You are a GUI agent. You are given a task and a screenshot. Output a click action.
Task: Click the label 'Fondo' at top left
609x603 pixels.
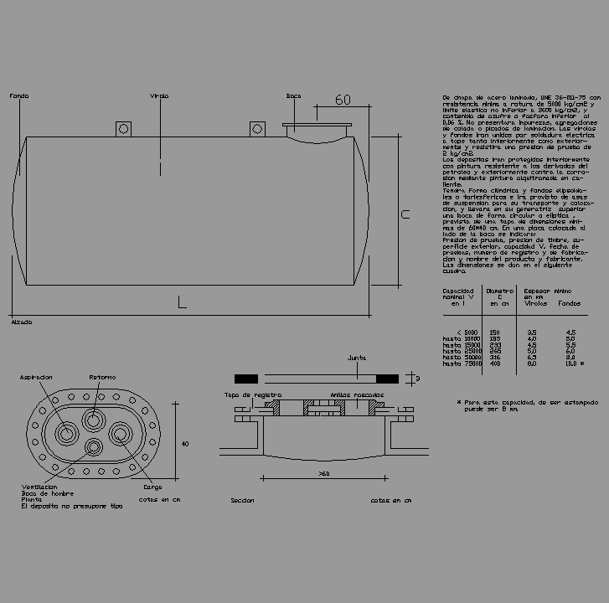click(x=18, y=96)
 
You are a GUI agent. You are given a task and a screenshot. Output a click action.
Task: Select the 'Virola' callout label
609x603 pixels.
click(x=159, y=96)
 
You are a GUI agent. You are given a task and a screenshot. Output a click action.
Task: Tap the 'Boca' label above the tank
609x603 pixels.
click(x=292, y=96)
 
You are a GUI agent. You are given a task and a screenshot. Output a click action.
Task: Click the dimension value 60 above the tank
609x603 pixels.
click(x=343, y=100)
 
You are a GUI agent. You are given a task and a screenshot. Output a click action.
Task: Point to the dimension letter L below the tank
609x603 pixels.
click(x=181, y=302)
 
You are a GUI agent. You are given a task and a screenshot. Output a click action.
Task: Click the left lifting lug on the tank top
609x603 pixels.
click(x=124, y=128)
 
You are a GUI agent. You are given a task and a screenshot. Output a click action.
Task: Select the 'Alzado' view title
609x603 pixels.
click(x=21, y=322)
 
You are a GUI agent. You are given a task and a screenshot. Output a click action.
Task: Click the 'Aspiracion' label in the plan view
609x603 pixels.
click(x=37, y=378)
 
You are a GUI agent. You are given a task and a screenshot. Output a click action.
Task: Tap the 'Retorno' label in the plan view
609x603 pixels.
click(x=103, y=378)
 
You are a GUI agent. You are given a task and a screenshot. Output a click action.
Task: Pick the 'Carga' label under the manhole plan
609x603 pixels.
click(x=152, y=487)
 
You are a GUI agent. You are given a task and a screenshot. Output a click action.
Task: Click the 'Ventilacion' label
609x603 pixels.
click(x=39, y=487)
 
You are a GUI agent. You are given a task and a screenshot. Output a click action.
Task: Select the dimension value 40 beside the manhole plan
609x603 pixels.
click(x=185, y=444)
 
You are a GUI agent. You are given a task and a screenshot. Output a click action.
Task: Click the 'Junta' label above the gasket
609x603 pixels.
click(x=357, y=358)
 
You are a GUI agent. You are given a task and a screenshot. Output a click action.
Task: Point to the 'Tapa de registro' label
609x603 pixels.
click(x=252, y=394)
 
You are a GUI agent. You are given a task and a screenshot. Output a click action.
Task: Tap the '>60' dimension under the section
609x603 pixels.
click(x=324, y=474)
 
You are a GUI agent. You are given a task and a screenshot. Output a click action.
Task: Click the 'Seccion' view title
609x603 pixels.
click(x=242, y=501)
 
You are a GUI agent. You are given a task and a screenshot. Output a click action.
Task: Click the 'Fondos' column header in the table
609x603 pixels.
click(x=569, y=304)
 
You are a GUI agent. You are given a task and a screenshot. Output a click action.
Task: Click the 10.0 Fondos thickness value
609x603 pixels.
click(x=570, y=364)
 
